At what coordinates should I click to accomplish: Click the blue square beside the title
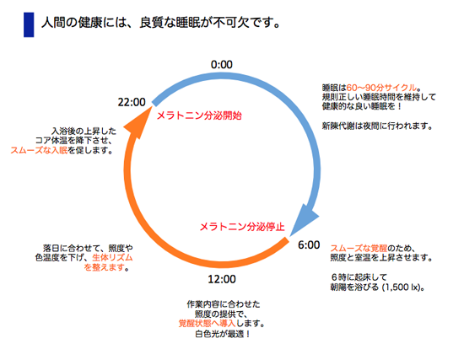point(29,24)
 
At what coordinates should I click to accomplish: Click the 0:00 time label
point(222,64)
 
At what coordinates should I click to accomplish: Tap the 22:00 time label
point(132,102)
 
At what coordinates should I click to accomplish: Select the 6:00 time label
point(309,245)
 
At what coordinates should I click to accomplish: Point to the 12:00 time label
point(222,279)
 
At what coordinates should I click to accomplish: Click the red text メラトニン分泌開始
point(199,116)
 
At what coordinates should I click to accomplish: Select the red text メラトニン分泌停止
point(242,227)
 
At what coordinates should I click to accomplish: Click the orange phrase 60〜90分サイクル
point(381,88)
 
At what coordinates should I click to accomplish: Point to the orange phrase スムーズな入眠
point(39,150)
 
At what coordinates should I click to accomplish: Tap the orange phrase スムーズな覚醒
point(359,248)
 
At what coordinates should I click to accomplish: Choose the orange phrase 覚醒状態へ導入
point(208,323)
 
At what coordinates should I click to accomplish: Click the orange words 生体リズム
point(112,257)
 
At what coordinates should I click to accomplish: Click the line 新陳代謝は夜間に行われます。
point(378,126)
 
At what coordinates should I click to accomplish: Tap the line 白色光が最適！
point(223,334)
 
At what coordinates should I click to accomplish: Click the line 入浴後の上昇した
point(84,131)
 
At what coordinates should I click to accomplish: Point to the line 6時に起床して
point(359,277)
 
